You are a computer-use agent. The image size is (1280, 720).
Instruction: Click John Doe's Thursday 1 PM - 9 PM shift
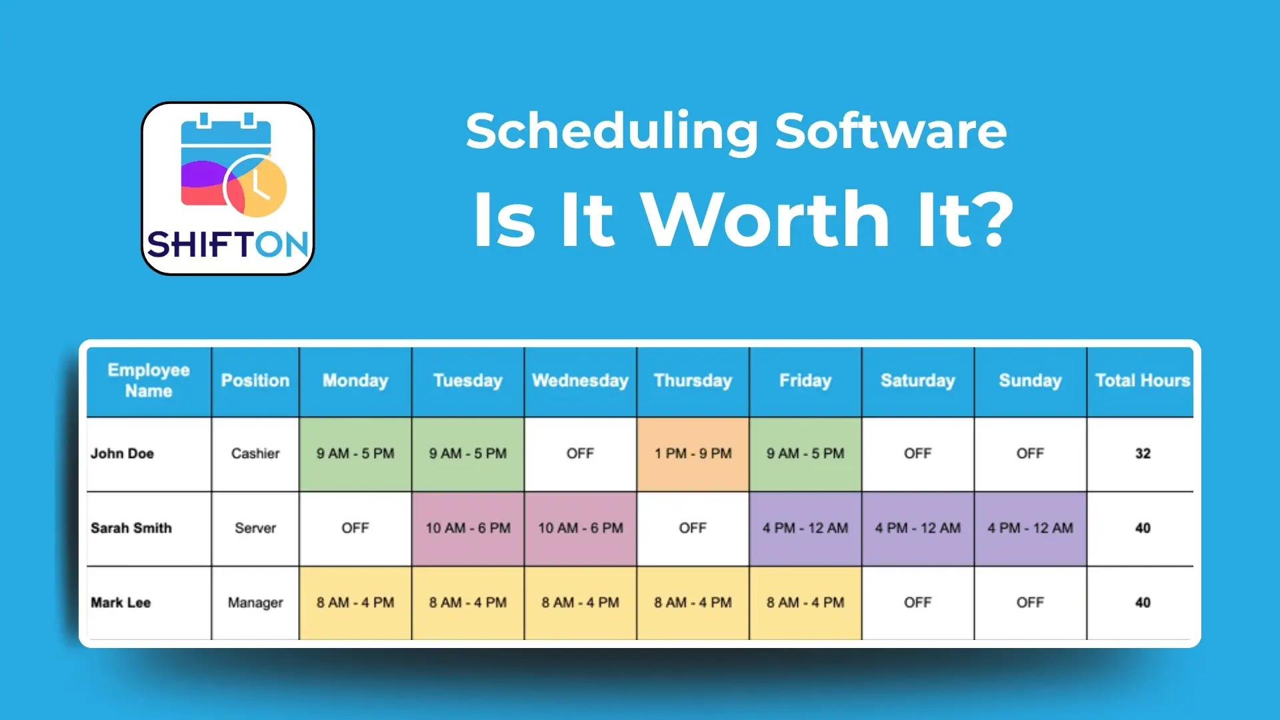(693, 454)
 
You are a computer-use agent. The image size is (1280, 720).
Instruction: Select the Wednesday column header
(580, 381)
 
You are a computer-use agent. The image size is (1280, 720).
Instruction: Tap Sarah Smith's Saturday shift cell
(917, 529)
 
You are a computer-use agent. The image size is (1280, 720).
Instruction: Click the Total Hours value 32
(1142, 454)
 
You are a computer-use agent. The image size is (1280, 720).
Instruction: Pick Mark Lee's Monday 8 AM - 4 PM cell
(355, 603)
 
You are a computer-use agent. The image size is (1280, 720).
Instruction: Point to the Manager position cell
(255, 603)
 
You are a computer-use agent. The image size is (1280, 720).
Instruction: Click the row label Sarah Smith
(131, 528)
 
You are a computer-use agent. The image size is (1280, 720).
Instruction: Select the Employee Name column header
(149, 381)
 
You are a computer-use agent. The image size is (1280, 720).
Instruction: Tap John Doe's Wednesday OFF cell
(580, 454)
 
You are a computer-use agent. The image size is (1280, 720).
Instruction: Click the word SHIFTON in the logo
(227, 245)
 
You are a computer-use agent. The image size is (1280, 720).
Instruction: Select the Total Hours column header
(1142, 381)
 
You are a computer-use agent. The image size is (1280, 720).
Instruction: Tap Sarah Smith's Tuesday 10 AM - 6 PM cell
(468, 529)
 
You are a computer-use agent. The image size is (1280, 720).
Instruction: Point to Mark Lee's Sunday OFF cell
(1030, 603)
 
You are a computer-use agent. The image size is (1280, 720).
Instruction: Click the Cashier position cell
(255, 454)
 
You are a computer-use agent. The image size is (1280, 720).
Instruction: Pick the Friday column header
(805, 381)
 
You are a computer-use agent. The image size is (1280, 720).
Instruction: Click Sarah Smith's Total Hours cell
(1142, 529)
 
